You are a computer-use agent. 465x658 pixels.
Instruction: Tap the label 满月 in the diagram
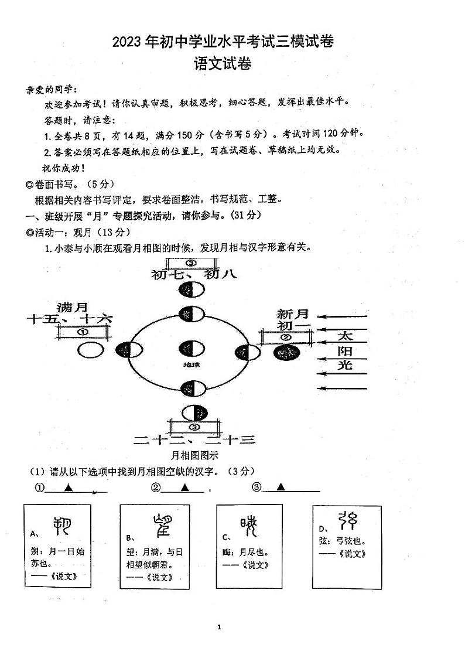click(73, 307)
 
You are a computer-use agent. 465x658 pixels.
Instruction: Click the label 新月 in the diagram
click(293, 314)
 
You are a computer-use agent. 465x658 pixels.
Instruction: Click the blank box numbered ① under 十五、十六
click(82, 332)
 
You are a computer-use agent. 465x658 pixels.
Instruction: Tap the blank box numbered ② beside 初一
click(285, 337)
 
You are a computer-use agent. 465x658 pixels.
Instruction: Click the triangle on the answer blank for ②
click(184, 487)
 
